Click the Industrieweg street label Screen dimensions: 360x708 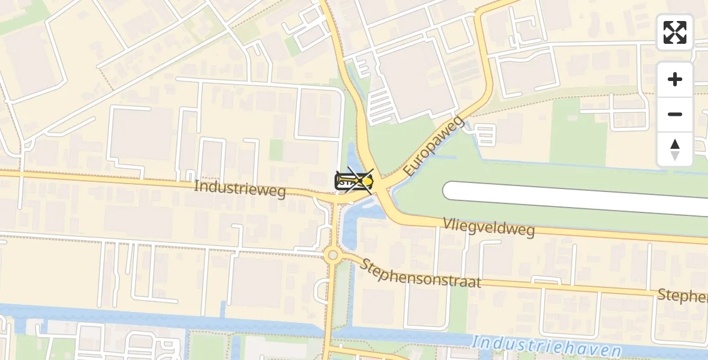point(241,188)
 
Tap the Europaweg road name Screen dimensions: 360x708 point(434,147)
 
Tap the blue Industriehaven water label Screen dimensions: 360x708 point(546,346)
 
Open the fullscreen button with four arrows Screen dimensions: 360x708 point(675,32)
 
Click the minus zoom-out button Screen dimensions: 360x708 point(675,114)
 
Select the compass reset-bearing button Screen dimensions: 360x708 point(675,149)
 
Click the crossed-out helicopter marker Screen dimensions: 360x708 point(355,180)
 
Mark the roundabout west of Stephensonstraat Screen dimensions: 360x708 point(332,256)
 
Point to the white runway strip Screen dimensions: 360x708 point(576,198)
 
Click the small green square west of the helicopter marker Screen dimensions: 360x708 point(275,150)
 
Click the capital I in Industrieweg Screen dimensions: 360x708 point(196,185)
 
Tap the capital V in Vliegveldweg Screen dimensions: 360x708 point(447,223)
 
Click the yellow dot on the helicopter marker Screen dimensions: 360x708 point(365,180)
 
